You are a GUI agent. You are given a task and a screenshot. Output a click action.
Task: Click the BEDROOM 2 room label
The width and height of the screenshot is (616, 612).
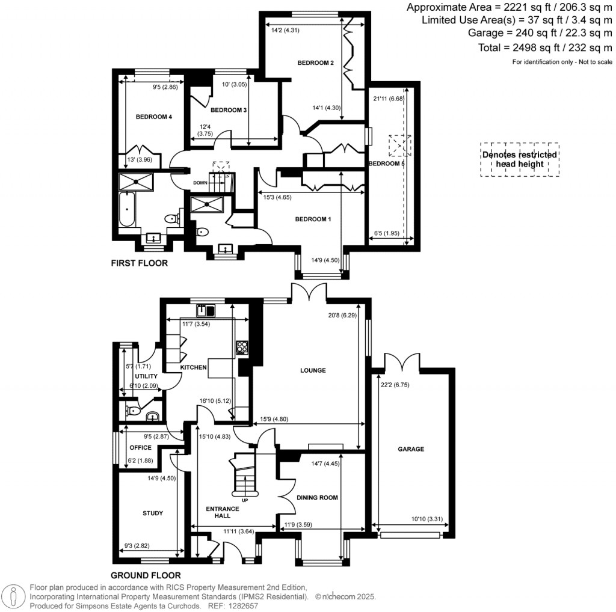tap(315, 63)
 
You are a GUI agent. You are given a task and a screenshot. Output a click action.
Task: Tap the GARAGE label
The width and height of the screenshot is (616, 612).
tap(410, 449)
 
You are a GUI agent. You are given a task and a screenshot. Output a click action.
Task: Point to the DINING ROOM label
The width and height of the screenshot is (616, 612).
tap(317, 498)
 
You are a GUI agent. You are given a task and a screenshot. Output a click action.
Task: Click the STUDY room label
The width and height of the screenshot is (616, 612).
tap(153, 513)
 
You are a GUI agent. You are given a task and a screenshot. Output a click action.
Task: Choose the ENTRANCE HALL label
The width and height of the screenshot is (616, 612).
tap(223, 513)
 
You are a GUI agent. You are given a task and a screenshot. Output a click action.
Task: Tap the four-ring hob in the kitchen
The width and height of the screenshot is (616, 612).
tap(242, 346)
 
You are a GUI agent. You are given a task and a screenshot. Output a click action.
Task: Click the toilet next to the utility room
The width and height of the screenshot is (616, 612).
tap(134, 412)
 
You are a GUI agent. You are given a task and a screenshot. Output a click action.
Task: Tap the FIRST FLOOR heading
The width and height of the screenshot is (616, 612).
tap(139, 263)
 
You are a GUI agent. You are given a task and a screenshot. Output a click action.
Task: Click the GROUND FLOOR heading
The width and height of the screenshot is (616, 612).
tap(146, 575)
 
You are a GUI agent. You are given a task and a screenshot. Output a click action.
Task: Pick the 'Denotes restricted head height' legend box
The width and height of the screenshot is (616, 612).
tap(520, 159)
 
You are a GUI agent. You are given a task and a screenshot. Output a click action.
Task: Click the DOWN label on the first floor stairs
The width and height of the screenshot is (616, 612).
tap(200, 183)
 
